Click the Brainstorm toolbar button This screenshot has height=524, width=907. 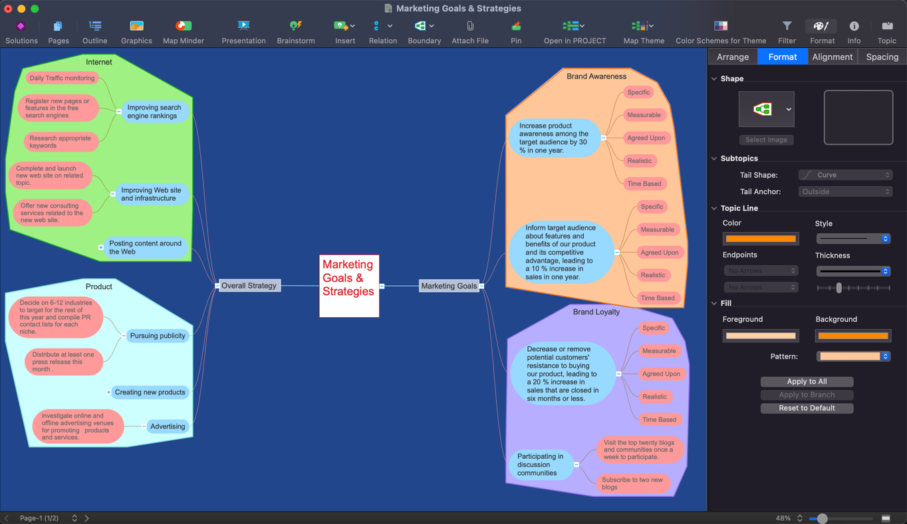pyautogui.click(x=296, y=32)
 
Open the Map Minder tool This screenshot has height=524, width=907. pyautogui.click(x=183, y=32)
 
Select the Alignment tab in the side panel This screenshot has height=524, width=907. pyautogui.click(x=832, y=57)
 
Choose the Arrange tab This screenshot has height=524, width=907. pyautogui.click(x=733, y=57)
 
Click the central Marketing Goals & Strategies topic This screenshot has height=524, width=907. pyautogui.click(x=349, y=286)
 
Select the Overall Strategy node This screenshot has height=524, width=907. pyautogui.click(x=249, y=285)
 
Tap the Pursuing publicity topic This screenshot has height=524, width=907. pyautogui.click(x=158, y=336)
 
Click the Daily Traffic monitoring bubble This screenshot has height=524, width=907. pyautogui.click(x=62, y=78)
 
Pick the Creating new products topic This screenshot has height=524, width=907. pyautogui.click(x=150, y=392)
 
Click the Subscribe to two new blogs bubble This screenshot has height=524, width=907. pyautogui.click(x=633, y=483)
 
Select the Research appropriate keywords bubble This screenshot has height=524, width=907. pyautogui.click(x=61, y=142)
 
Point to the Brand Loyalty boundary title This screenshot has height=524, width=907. pyautogui.click(x=596, y=312)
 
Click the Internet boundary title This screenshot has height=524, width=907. pyautogui.click(x=99, y=62)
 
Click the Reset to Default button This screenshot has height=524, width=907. pyautogui.click(x=807, y=408)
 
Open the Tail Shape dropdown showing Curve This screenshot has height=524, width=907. pyautogui.click(x=845, y=175)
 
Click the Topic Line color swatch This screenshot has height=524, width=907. pyautogui.click(x=761, y=239)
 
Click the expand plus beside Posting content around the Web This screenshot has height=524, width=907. pyautogui.click(x=101, y=247)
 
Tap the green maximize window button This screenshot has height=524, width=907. pyautogui.click(x=35, y=9)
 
